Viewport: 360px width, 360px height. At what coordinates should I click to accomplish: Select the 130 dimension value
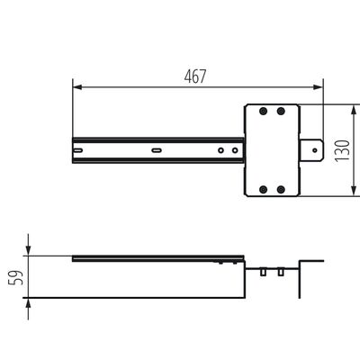(340, 149)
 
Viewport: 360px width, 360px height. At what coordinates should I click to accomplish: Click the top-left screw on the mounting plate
(263, 112)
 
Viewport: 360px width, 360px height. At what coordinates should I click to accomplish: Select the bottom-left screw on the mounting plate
(263, 189)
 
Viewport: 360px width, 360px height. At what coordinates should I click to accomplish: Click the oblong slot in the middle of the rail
(157, 149)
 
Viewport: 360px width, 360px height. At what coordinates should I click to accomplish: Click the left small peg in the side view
(263, 271)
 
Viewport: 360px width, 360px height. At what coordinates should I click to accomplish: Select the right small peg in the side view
(280, 271)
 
